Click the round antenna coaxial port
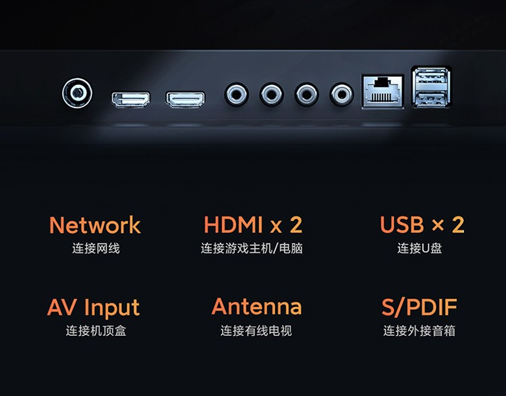(77, 93)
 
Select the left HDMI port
(131, 99)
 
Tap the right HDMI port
(186, 99)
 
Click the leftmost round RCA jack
(237, 94)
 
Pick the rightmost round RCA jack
(341, 94)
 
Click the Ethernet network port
(383, 92)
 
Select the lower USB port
(431, 98)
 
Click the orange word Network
(95, 225)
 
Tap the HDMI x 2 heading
(253, 225)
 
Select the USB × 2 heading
(422, 225)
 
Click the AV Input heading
(93, 308)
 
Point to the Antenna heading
(256, 306)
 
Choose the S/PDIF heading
(419, 307)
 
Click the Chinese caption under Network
(96, 248)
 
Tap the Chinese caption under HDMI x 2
(252, 248)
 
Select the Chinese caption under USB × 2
(420, 248)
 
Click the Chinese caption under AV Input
(96, 331)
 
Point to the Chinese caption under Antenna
(256, 331)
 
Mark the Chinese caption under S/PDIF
(419, 331)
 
